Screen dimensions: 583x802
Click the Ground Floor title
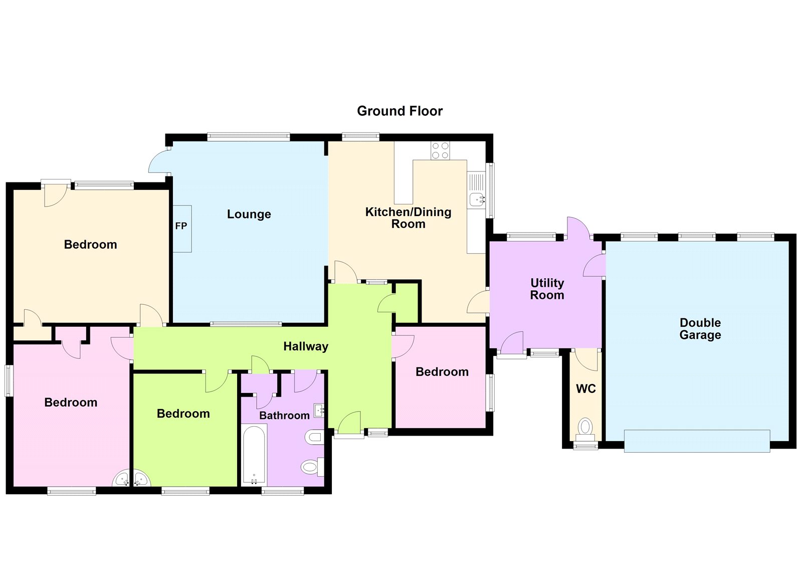pyautogui.click(x=399, y=111)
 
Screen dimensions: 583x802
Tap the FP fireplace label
pyautogui.click(x=181, y=226)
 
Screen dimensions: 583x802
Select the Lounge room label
pyautogui.click(x=249, y=214)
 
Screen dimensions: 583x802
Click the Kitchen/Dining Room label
pyautogui.click(x=408, y=218)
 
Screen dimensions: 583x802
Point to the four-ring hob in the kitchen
pyautogui.click(x=440, y=150)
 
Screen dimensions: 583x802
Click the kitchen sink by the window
pyautogui.click(x=477, y=200)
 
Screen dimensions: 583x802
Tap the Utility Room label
pyautogui.click(x=547, y=289)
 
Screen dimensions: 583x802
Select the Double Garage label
pyautogui.click(x=700, y=328)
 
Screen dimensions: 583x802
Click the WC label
pyautogui.click(x=585, y=388)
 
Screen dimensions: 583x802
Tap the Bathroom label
pyautogui.click(x=284, y=416)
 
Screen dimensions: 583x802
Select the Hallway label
pyautogui.click(x=305, y=346)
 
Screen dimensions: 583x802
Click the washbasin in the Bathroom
pyautogui.click(x=319, y=411)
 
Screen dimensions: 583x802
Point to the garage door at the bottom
pyautogui.click(x=696, y=441)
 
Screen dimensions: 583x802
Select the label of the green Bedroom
pyautogui.click(x=183, y=414)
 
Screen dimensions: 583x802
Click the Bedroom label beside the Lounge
pyautogui.click(x=90, y=245)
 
